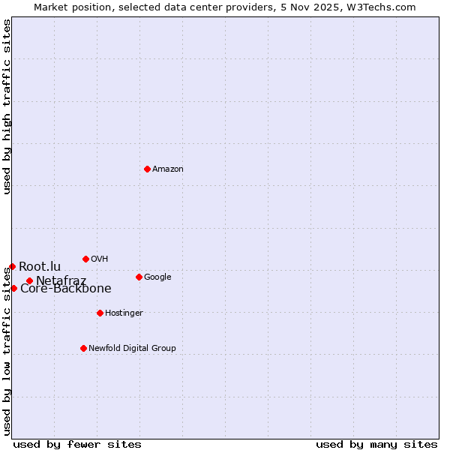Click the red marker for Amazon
tap(147, 169)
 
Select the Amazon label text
tap(167, 169)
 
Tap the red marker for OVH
tap(85, 259)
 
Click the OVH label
tap(100, 259)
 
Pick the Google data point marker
tap(139, 277)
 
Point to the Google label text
tap(157, 277)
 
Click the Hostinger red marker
tap(100, 313)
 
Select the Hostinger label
tap(124, 313)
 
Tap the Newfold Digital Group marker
tap(83, 348)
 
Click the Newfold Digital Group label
tap(132, 349)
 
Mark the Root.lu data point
tap(12, 266)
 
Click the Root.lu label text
tap(40, 267)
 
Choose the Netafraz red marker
tap(29, 280)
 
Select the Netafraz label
tap(61, 281)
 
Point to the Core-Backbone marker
tap(13, 288)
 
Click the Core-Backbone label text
tap(66, 289)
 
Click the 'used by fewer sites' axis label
tap(77, 444)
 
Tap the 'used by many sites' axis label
tap(376, 444)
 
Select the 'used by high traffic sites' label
tap(7, 106)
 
